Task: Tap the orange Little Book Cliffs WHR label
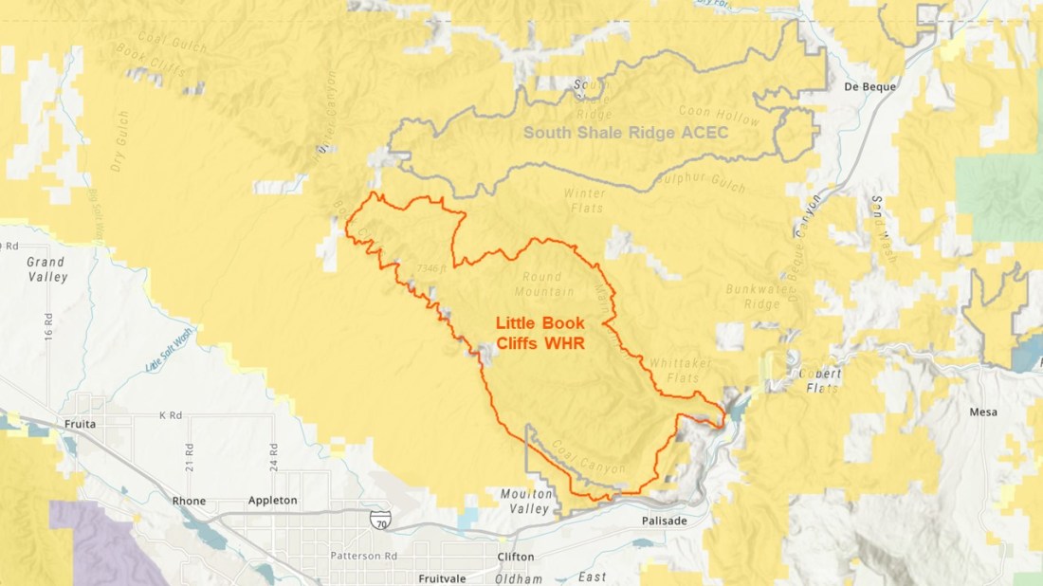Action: (x=540, y=333)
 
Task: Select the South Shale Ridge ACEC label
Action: (x=627, y=133)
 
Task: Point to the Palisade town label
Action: (x=664, y=522)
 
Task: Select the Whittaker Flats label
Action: (x=680, y=370)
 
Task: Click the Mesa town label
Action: (x=983, y=412)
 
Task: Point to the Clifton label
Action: (x=516, y=557)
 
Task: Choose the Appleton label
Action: (x=272, y=500)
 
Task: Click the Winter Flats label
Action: (x=584, y=200)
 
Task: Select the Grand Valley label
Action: (x=46, y=269)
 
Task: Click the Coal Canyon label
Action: (x=588, y=459)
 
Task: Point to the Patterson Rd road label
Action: (x=357, y=555)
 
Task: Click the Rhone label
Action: (x=189, y=500)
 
